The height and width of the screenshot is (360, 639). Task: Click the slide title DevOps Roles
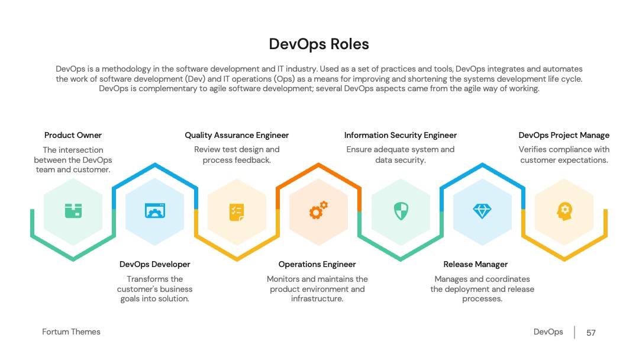coord(319,44)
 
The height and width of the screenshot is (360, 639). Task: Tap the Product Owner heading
coord(73,135)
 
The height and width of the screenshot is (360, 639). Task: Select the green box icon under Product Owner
coord(73,211)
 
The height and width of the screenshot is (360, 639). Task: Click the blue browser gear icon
coord(155,211)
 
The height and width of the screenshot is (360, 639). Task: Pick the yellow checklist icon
coord(237,212)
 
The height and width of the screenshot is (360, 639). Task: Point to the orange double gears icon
coord(318,210)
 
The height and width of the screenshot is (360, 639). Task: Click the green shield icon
coord(401,211)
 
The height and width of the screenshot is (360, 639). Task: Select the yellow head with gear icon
coord(564,211)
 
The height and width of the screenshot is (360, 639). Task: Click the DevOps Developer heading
coord(155,264)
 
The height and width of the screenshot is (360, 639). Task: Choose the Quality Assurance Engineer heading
coord(237,135)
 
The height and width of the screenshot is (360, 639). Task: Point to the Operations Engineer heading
coord(317,264)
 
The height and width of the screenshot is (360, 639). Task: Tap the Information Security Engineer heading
coord(400,135)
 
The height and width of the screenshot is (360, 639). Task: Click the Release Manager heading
coord(476,264)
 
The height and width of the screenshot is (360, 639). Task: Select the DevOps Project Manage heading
coord(564,135)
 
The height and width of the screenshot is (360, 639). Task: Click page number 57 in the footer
coord(591,333)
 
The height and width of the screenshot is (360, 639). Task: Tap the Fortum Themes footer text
coord(72,332)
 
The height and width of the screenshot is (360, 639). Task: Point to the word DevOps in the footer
coord(548,332)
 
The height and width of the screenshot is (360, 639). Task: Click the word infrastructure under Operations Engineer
coord(317,299)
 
